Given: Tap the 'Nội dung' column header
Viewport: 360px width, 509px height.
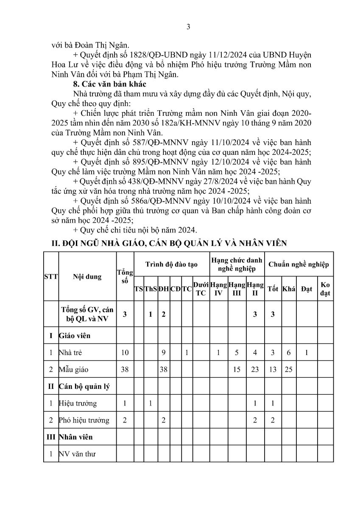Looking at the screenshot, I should coord(87,277).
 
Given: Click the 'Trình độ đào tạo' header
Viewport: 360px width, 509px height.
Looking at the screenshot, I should coord(172,264).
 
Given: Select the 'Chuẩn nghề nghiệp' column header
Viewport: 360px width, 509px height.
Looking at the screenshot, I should coord(299,264).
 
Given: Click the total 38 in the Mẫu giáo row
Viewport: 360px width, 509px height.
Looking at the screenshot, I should coord(125,369).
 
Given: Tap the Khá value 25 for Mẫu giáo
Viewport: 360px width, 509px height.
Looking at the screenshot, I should coord(288,369).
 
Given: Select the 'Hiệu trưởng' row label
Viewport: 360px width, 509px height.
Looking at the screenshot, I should coord(78,403).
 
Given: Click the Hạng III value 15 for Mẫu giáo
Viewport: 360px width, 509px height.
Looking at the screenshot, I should coord(237,369).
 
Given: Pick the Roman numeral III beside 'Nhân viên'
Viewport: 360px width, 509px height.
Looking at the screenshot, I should coord(51,437).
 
